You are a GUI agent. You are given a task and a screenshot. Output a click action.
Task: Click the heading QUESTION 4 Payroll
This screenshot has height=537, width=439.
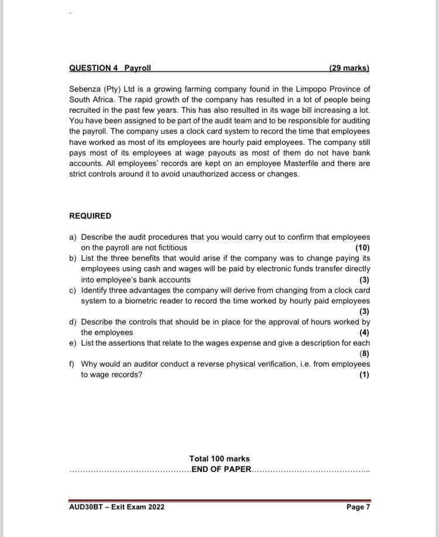[x=110, y=68]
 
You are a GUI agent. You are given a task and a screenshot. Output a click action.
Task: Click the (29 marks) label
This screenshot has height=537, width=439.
[x=349, y=68]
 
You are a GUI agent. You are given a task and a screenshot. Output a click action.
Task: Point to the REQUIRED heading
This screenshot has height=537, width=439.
[x=90, y=216]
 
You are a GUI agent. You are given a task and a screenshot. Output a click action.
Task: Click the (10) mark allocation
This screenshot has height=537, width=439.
[x=363, y=247]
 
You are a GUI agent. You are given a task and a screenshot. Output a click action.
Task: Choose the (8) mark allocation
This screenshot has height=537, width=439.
[x=365, y=354]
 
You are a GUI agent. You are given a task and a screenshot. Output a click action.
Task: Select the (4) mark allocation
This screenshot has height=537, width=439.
[x=365, y=333]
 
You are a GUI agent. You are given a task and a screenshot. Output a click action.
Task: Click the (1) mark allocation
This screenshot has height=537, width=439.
[x=365, y=375]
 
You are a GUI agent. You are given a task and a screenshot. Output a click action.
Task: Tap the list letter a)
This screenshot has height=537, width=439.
[x=73, y=237]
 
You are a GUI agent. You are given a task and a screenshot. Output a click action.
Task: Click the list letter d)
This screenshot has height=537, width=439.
[x=73, y=322]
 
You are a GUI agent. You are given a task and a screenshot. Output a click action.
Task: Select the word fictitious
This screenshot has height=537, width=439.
[x=170, y=247]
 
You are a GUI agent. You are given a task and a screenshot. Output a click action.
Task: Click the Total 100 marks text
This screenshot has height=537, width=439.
[x=220, y=459]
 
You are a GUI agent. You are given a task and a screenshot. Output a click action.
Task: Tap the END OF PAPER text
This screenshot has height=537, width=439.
[x=220, y=469]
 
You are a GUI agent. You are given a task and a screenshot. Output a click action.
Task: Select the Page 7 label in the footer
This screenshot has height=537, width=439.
[x=358, y=507]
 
